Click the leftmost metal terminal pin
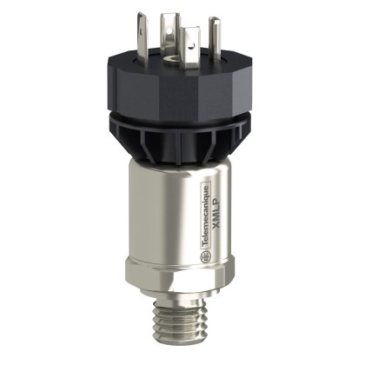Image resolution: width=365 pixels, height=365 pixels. tap(149, 43)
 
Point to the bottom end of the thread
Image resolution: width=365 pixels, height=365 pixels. tap(182, 350)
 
